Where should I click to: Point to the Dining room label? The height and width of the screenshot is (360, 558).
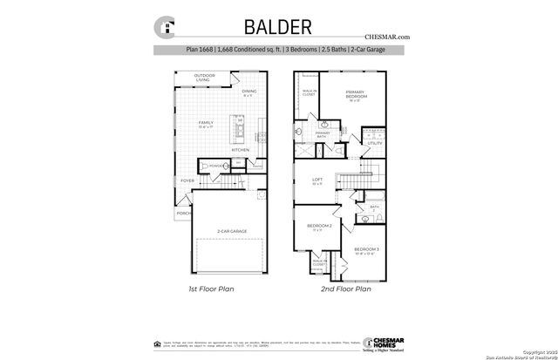249,92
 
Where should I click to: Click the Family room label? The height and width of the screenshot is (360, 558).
206,124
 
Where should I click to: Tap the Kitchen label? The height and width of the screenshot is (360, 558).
241,150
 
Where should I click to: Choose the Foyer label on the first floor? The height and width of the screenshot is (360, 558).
187,180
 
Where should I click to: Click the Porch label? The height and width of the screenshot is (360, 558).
184,212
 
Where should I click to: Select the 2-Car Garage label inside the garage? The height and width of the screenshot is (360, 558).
233,231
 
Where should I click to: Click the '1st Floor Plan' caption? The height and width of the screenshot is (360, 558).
211,289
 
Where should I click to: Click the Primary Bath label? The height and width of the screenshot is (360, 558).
322,135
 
